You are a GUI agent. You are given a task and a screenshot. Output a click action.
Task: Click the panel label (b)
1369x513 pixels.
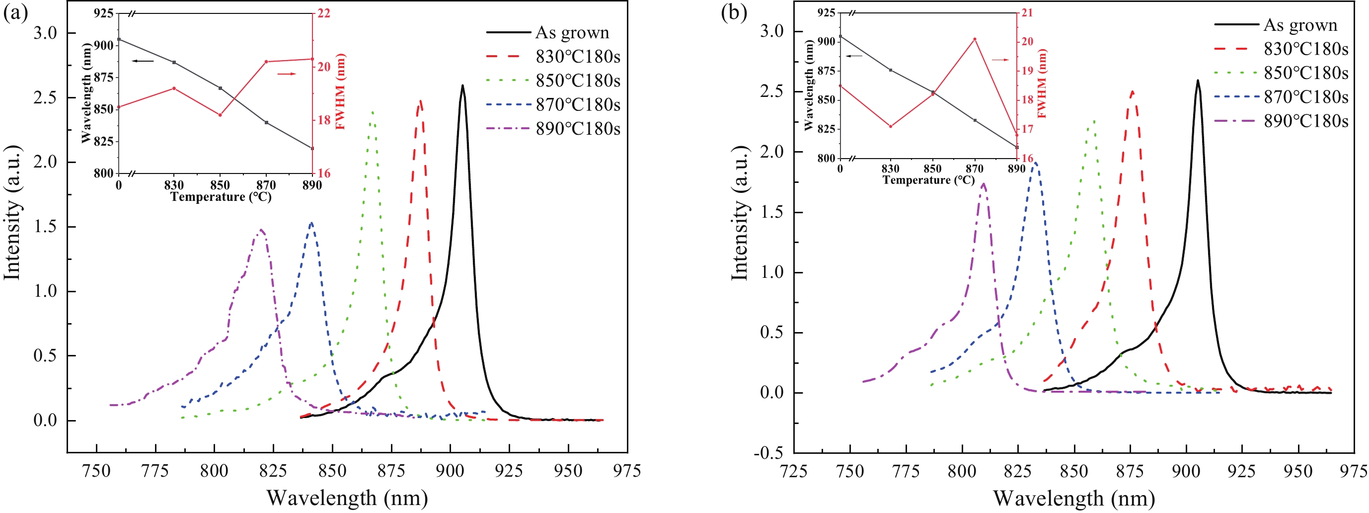[734, 13]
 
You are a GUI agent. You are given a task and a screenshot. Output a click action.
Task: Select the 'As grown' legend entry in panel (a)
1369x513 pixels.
[572, 32]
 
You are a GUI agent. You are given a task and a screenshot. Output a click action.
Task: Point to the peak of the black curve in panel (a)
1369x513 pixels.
[462, 85]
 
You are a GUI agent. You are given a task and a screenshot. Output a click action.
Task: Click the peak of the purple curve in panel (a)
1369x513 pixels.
[261, 230]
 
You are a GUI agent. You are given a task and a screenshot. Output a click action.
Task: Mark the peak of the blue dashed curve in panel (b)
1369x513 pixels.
[1034, 163]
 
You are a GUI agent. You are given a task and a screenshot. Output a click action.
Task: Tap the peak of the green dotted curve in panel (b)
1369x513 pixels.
[1093, 121]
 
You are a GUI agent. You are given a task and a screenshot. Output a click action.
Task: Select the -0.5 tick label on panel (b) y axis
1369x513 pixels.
[768, 453]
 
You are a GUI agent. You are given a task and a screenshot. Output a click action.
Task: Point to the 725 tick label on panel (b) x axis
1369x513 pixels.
[793, 471]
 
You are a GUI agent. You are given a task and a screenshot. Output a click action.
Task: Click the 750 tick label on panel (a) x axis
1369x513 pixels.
[96, 471]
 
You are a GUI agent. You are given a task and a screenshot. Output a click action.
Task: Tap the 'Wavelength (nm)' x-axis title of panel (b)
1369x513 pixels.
[1074, 499]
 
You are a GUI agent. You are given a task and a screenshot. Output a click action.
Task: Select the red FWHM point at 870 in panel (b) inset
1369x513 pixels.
[975, 39]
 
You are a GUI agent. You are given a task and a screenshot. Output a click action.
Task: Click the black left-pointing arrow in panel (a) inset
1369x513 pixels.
[143, 61]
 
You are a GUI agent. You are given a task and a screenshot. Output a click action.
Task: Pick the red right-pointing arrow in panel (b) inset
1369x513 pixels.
[1000, 60]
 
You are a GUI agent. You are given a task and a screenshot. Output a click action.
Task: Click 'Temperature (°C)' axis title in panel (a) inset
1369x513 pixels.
[221, 197]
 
